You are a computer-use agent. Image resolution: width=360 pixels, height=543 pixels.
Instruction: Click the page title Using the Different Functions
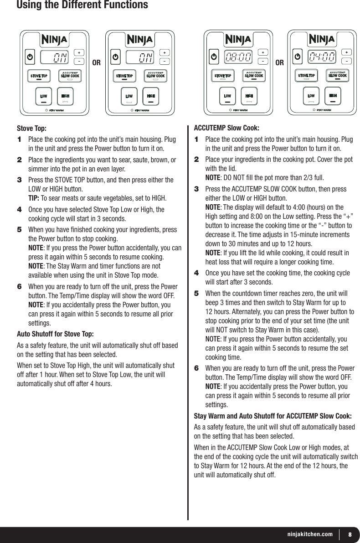pos(82,5)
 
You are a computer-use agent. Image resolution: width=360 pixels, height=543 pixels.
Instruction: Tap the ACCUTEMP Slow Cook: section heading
pos(227,128)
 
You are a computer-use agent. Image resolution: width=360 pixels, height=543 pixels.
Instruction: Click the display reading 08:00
pos(238,57)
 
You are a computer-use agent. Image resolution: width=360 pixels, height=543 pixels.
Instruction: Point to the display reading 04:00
pos(322,57)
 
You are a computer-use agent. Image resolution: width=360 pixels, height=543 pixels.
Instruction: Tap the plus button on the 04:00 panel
pos(346,52)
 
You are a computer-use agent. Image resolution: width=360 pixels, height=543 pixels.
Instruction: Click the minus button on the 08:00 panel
pos(263,61)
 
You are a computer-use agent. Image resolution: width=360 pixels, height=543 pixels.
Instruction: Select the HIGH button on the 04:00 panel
pos(333,96)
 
